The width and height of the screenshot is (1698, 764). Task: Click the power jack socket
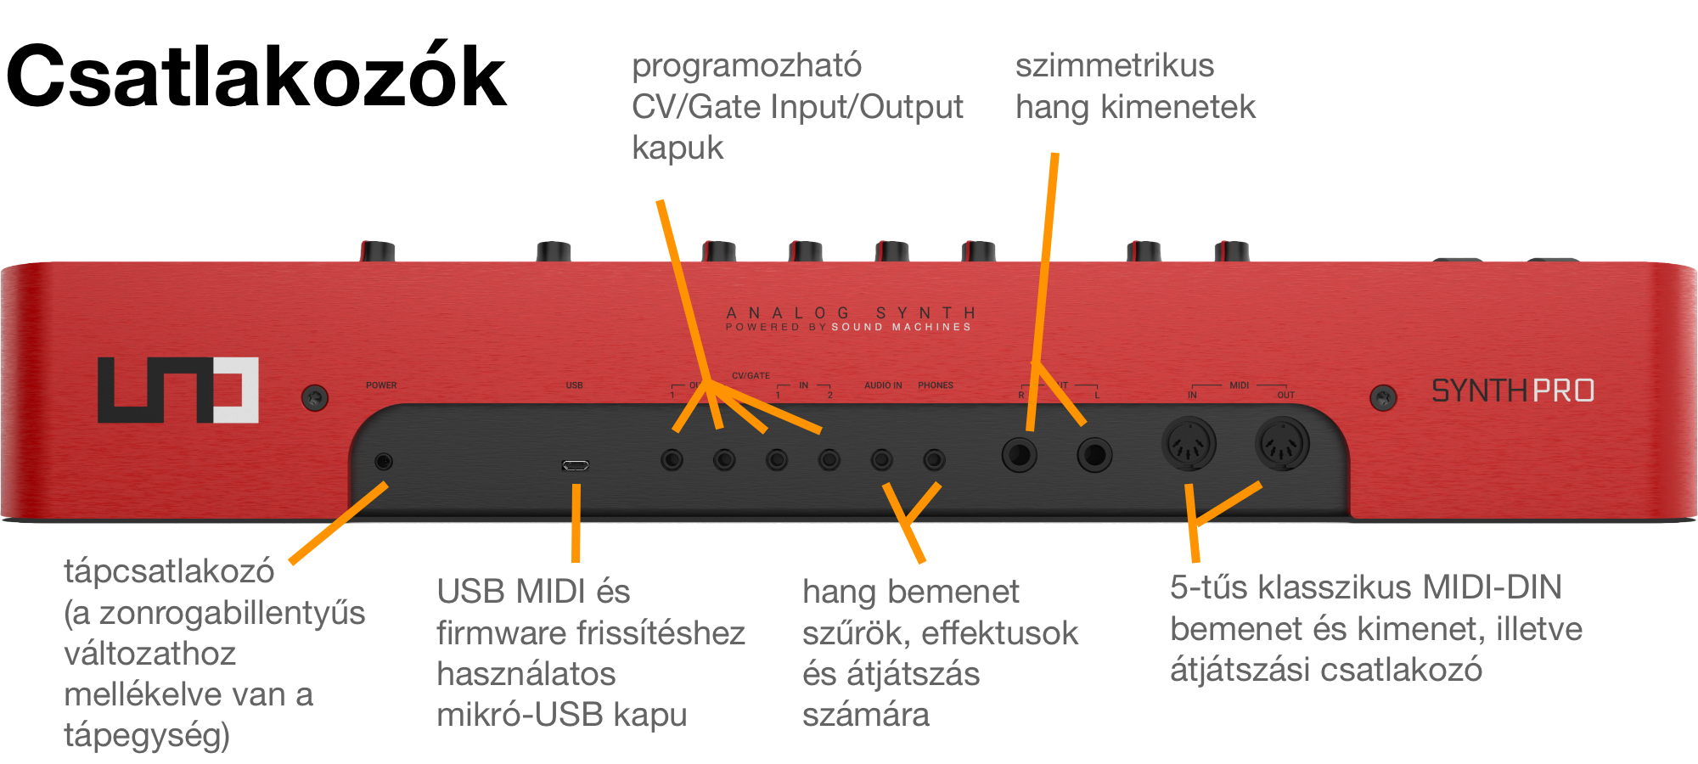pyautogui.click(x=384, y=461)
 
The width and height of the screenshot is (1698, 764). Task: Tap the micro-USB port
pyautogui.click(x=575, y=465)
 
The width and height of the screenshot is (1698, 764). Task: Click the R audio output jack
pyautogui.click(x=1019, y=455)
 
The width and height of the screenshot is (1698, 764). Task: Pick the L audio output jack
pyautogui.click(x=1094, y=455)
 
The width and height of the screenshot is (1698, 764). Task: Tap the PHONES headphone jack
pyautogui.click(x=934, y=460)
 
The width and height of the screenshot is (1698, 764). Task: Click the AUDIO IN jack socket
pyautogui.click(x=882, y=460)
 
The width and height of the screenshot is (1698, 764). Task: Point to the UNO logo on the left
pyautogui.click(x=178, y=390)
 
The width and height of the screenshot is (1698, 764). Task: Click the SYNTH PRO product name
pyautogui.click(x=1512, y=390)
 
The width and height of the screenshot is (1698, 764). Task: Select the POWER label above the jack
pyautogui.click(x=381, y=385)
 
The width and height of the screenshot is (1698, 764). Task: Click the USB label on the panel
pyautogui.click(x=575, y=385)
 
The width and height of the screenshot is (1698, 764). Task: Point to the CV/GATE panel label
pyautogui.click(x=751, y=375)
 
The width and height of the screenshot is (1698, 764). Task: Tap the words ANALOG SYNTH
pyautogui.click(x=851, y=313)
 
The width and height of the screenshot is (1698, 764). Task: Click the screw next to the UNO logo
pyautogui.click(x=315, y=397)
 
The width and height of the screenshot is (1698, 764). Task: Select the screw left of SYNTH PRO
pyautogui.click(x=1383, y=396)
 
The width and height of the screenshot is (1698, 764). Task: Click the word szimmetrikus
pyautogui.click(x=1114, y=66)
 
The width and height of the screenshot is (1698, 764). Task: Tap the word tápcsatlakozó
pyautogui.click(x=169, y=571)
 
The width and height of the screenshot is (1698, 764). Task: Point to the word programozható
pyautogui.click(x=746, y=66)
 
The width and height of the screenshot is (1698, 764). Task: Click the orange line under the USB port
pyautogui.click(x=576, y=522)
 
